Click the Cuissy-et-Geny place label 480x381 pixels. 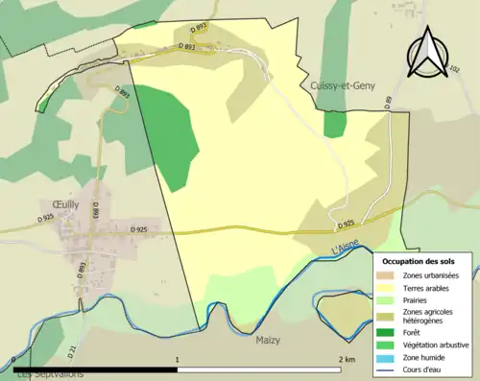344,85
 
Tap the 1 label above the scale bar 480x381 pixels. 177,358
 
